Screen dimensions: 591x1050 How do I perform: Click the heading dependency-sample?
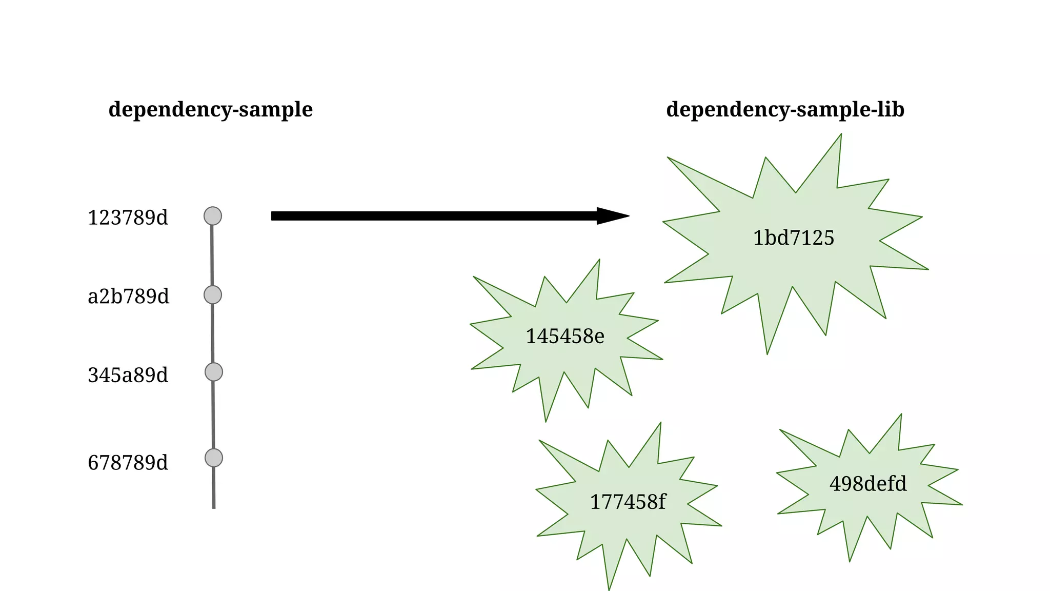(x=210, y=110)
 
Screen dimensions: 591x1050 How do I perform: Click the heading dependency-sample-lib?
(x=785, y=110)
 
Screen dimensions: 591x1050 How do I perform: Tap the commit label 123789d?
(x=128, y=218)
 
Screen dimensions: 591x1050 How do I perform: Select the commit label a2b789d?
(x=128, y=297)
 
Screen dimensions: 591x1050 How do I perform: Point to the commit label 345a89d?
(x=128, y=375)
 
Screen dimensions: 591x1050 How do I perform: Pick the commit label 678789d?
(x=128, y=463)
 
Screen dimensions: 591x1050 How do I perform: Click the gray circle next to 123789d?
(x=213, y=216)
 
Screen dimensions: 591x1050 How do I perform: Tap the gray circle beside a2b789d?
(x=213, y=295)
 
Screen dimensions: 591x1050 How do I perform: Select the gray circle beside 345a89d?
(x=214, y=372)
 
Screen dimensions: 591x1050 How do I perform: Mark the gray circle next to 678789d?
(x=214, y=458)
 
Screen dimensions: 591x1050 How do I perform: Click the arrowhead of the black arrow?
(x=613, y=216)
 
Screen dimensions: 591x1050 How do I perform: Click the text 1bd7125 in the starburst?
(x=793, y=238)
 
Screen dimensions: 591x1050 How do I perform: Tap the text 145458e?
(x=565, y=337)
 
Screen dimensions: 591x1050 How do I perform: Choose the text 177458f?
(x=628, y=502)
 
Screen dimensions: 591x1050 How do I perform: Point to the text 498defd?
(x=868, y=484)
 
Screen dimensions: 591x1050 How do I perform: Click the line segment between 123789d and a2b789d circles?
(x=212, y=255)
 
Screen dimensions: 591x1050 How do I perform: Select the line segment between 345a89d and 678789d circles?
(x=213, y=415)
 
